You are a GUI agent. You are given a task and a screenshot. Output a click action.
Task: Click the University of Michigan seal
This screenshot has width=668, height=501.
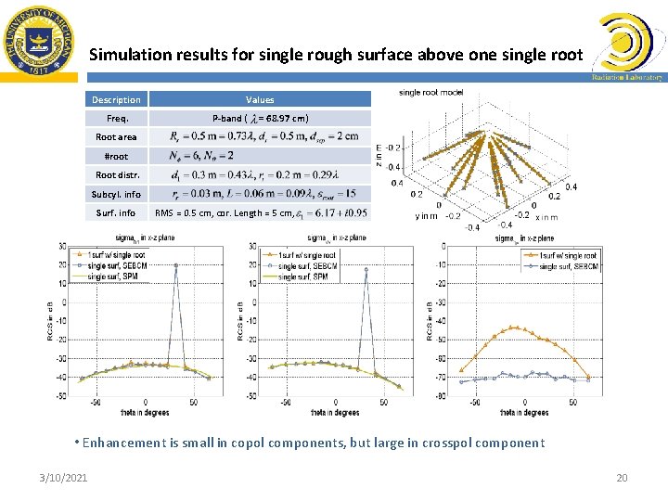coord(38,43)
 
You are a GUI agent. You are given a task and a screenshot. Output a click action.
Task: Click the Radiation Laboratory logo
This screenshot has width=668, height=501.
coord(626,47)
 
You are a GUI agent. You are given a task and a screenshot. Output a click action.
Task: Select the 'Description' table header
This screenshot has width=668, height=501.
coord(116,99)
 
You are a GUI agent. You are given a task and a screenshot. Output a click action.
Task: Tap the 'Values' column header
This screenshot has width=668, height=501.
coord(260,99)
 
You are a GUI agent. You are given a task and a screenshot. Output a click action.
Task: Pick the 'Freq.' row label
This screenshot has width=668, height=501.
coord(117,118)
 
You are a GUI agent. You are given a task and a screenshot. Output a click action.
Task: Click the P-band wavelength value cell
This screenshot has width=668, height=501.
coord(260,118)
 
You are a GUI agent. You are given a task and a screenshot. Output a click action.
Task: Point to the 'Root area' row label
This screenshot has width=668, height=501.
coord(116,137)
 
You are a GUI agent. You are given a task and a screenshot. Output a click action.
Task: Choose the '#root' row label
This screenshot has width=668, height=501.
coord(116,156)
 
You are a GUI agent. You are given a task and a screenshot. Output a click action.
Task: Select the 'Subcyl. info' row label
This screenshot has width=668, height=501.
coord(116,194)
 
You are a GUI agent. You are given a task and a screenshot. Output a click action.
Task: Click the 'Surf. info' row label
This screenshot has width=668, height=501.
coord(116,212)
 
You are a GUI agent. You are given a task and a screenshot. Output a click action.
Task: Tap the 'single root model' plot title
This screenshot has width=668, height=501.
coord(430,92)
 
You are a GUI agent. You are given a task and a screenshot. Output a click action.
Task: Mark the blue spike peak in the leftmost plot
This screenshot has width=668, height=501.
coord(175,265)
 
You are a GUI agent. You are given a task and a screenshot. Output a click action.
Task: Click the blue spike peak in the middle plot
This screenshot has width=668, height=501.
coord(366,270)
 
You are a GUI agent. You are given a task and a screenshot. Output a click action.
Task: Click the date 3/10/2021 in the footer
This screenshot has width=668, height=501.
coord(64,477)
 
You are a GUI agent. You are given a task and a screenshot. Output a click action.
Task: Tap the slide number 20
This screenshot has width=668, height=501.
coord(622,477)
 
